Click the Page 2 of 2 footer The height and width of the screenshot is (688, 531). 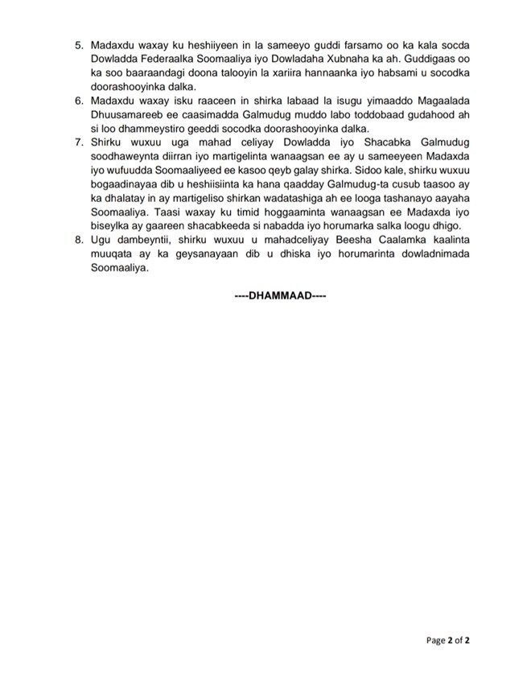coord(448,641)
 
